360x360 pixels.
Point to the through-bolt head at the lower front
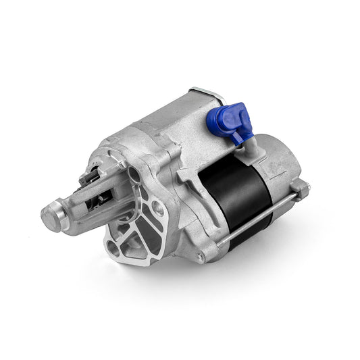click(x=200, y=257)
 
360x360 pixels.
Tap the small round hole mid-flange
click(x=156, y=207)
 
